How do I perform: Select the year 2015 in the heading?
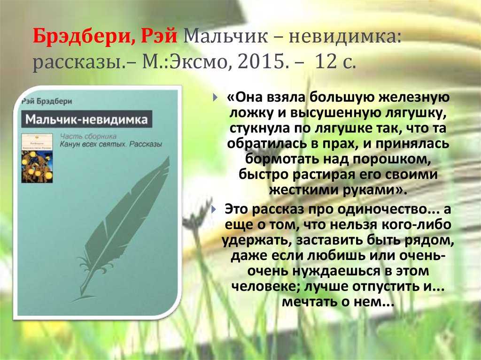[259, 62]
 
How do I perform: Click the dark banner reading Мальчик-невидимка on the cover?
[86, 119]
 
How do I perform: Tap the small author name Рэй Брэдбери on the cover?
[47, 101]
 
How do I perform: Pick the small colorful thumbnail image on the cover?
[37, 158]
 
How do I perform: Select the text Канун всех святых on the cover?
[93, 144]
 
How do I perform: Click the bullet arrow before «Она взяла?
[215, 98]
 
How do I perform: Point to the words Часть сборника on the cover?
[88, 136]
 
